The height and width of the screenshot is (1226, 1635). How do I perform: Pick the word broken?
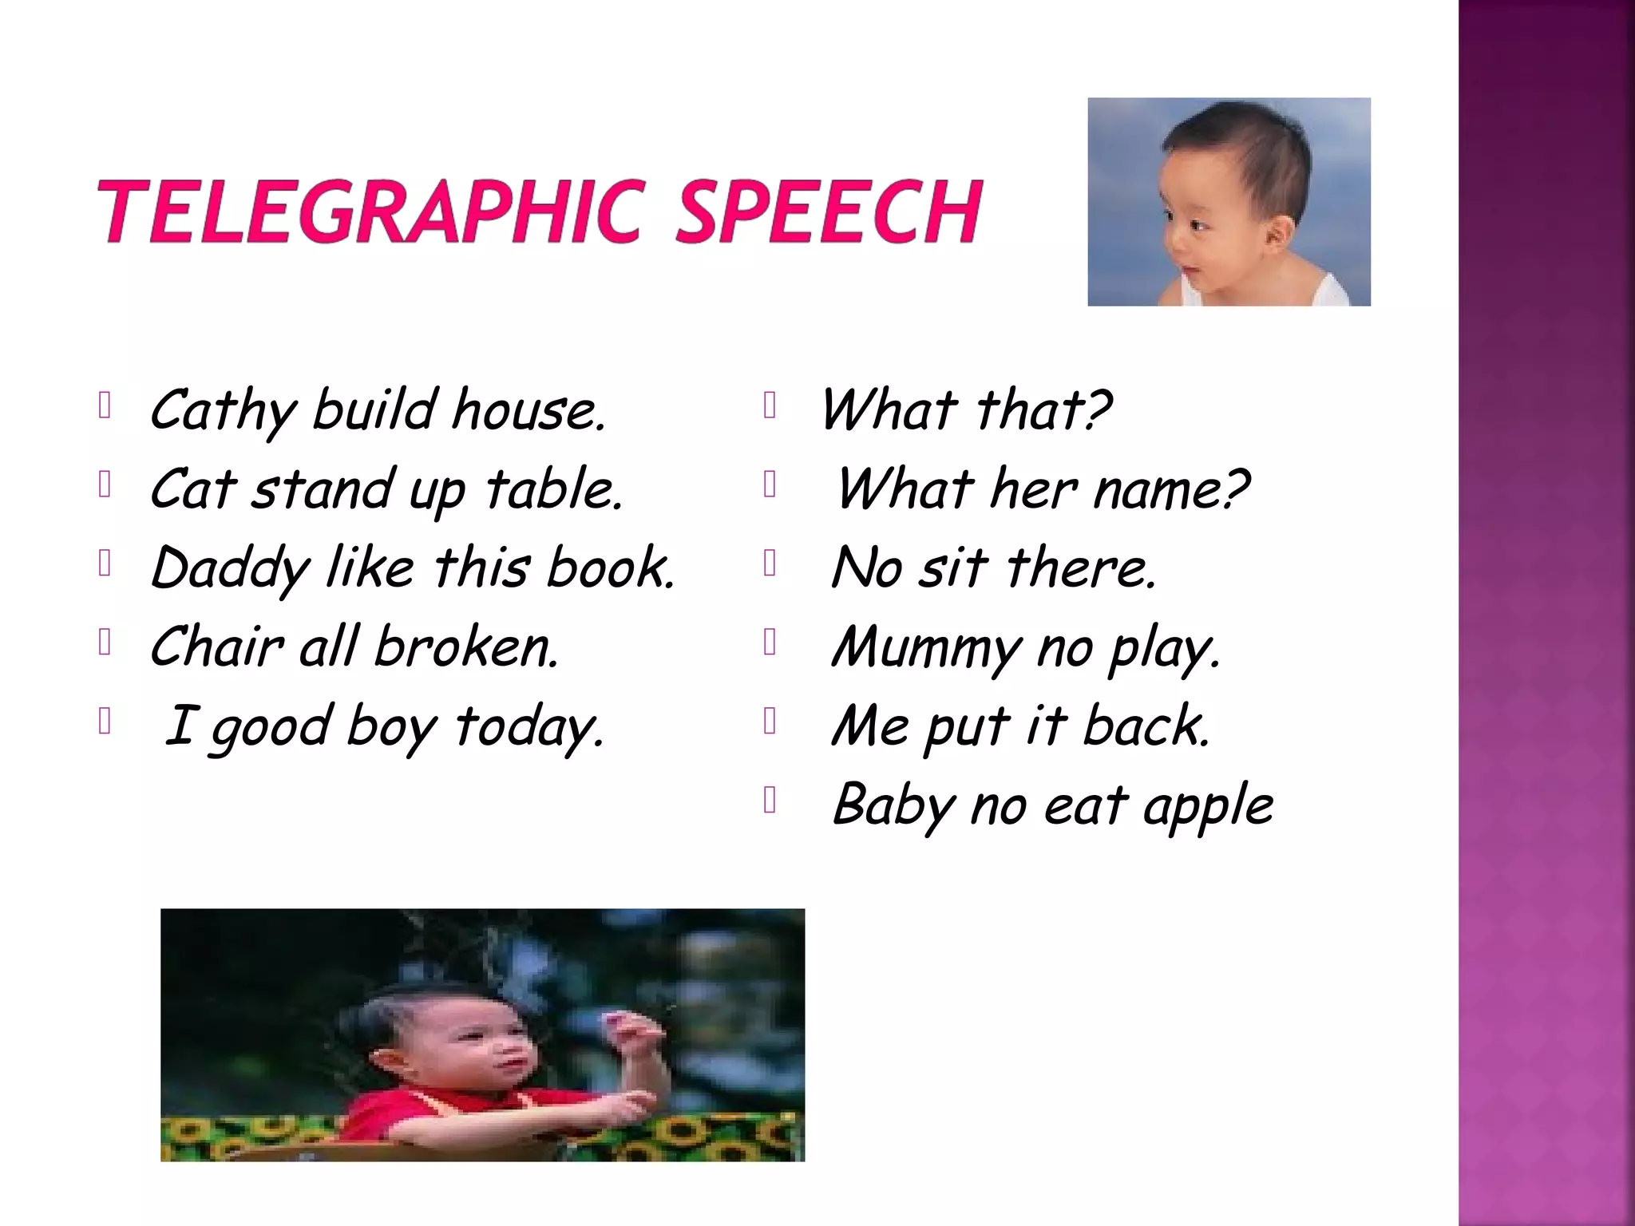click(x=466, y=647)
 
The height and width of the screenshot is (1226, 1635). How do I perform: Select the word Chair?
click(x=216, y=647)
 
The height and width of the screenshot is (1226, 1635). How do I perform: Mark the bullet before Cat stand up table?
click(x=104, y=484)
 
